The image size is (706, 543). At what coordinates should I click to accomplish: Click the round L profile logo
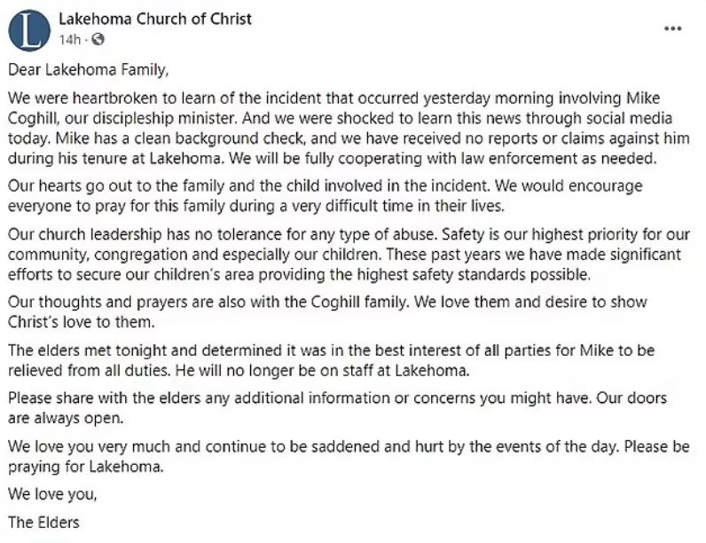[29, 29]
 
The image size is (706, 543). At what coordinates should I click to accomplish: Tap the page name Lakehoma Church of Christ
[155, 18]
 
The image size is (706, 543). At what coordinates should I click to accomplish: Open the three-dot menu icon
[673, 28]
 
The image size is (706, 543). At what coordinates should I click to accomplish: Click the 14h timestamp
[70, 40]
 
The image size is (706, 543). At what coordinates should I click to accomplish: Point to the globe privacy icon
[97, 40]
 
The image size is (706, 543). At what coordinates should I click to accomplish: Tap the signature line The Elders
[43, 522]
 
